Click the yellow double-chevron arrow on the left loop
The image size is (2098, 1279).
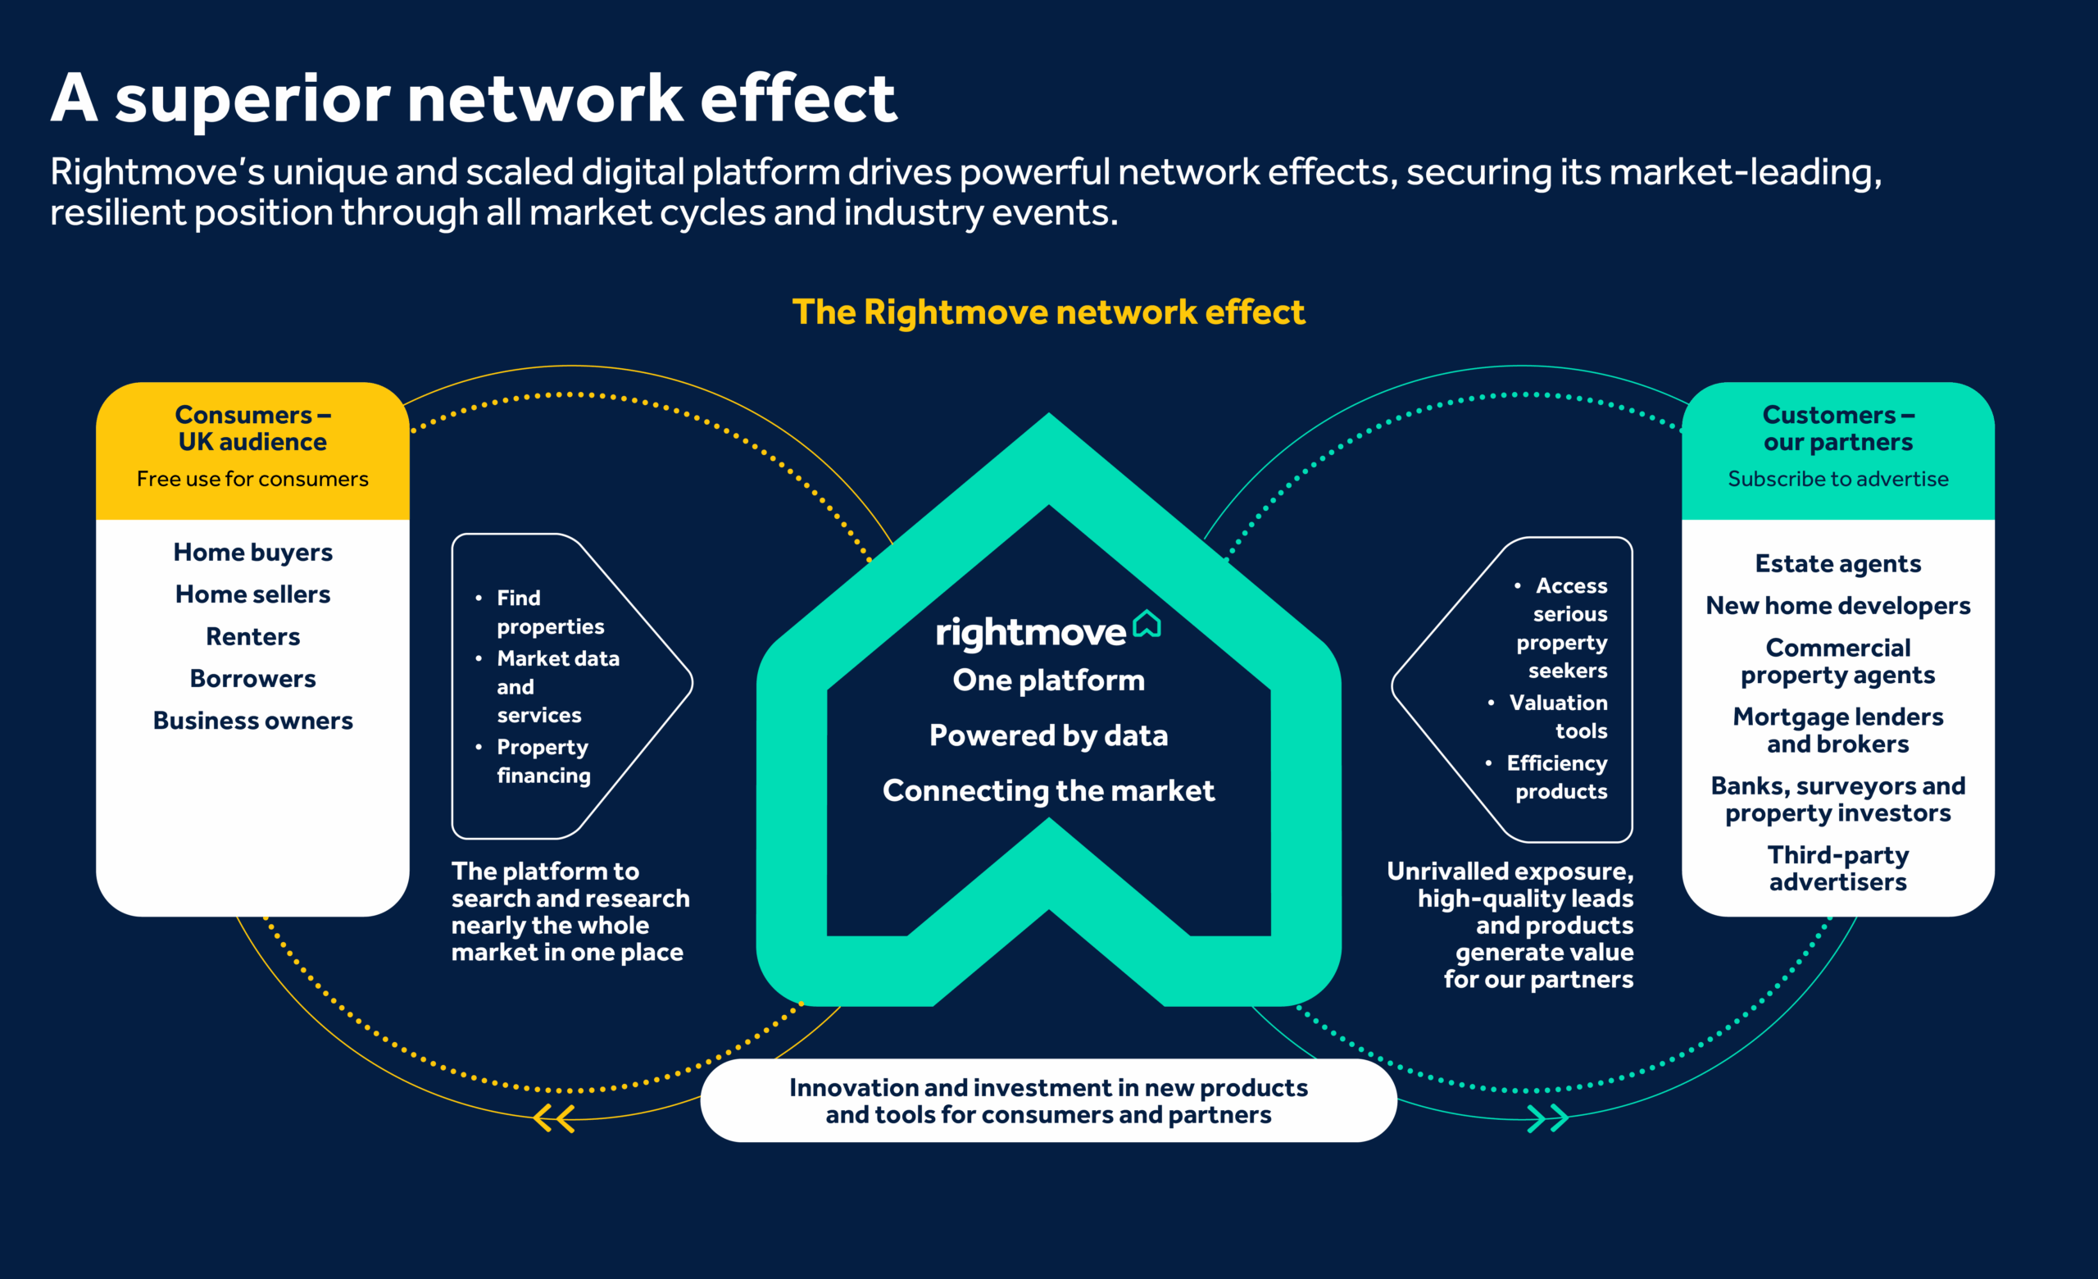click(x=554, y=1118)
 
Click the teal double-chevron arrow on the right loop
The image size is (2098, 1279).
click(x=1547, y=1118)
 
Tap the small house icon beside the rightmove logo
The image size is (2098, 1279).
click(x=1147, y=624)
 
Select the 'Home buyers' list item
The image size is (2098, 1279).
click(x=253, y=553)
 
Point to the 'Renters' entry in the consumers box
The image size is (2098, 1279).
click(x=253, y=637)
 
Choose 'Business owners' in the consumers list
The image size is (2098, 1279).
click(x=253, y=721)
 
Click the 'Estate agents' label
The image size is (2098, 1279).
click(x=1837, y=564)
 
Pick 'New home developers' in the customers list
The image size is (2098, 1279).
click(x=1837, y=606)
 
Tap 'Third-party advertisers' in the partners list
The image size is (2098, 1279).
click(x=1837, y=868)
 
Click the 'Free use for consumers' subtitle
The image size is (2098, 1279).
click(x=253, y=480)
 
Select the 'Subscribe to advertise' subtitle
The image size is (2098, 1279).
click(x=1837, y=480)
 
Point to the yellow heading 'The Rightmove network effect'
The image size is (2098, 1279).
click(x=1048, y=312)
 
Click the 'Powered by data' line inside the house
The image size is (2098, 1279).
click(x=1048, y=735)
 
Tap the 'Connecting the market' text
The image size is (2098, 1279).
click(x=1048, y=791)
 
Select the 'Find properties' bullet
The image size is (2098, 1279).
click(x=549, y=612)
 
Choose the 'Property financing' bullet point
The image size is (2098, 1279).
click(x=543, y=762)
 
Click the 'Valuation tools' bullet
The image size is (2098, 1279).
click(x=1558, y=717)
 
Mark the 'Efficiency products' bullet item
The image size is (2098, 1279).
click(x=1556, y=777)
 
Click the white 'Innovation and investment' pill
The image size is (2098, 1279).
click(x=1048, y=1101)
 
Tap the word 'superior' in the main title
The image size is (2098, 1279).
click(x=253, y=101)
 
